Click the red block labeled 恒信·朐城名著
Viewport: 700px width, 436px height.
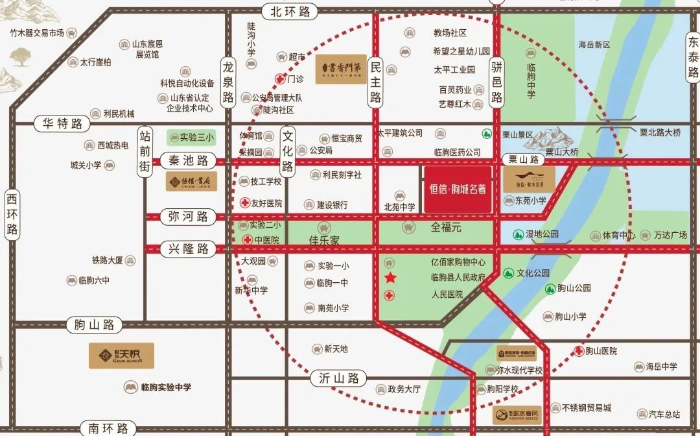458,189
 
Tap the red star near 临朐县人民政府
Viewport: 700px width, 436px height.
390,278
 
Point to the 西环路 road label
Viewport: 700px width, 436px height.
12,214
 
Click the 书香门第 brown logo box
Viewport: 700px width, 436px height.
341,69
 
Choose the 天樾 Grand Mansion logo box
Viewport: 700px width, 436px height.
121,356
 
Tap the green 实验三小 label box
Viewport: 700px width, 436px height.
191,138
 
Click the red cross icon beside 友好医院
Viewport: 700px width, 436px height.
245,203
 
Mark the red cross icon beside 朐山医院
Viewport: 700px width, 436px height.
577,351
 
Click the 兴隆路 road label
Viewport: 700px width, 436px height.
188,248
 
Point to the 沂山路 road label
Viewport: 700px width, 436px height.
338,378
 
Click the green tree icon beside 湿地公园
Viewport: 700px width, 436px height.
518,234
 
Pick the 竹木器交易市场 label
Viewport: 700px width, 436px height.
37,32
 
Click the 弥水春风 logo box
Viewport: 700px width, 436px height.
517,415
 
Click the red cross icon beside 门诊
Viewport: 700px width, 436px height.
279,79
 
